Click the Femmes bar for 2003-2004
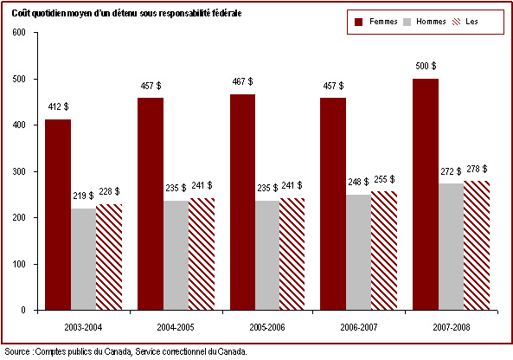[58, 215]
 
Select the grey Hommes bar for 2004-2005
[176, 255]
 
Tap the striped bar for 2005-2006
[292, 254]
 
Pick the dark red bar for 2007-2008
[426, 195]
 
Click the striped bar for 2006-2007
[384, 251]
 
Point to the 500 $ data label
[426, 66]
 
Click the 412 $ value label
[58, 106]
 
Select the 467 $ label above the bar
[242, 81]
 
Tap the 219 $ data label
[83, 196]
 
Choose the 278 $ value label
[477, 169]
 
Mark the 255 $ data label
[384, 179]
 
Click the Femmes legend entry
[376, 22]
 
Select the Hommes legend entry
[425, 22]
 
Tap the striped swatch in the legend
[456, 22]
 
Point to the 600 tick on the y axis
[19, 33]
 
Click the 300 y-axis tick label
[19, 171]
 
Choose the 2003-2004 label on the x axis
[83, 327]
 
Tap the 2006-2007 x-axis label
[359, 327]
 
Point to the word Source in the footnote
[17, 352]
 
